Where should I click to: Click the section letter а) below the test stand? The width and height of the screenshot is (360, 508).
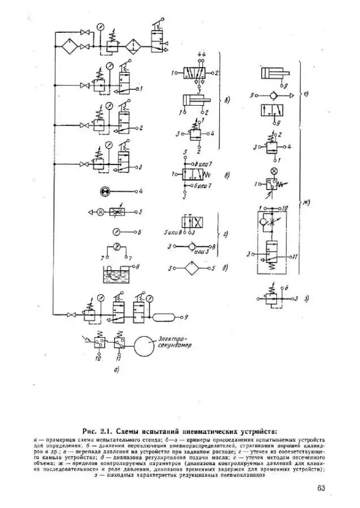(x=116, y=370)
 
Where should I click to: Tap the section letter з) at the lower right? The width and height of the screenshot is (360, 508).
(x=306, y=298)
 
